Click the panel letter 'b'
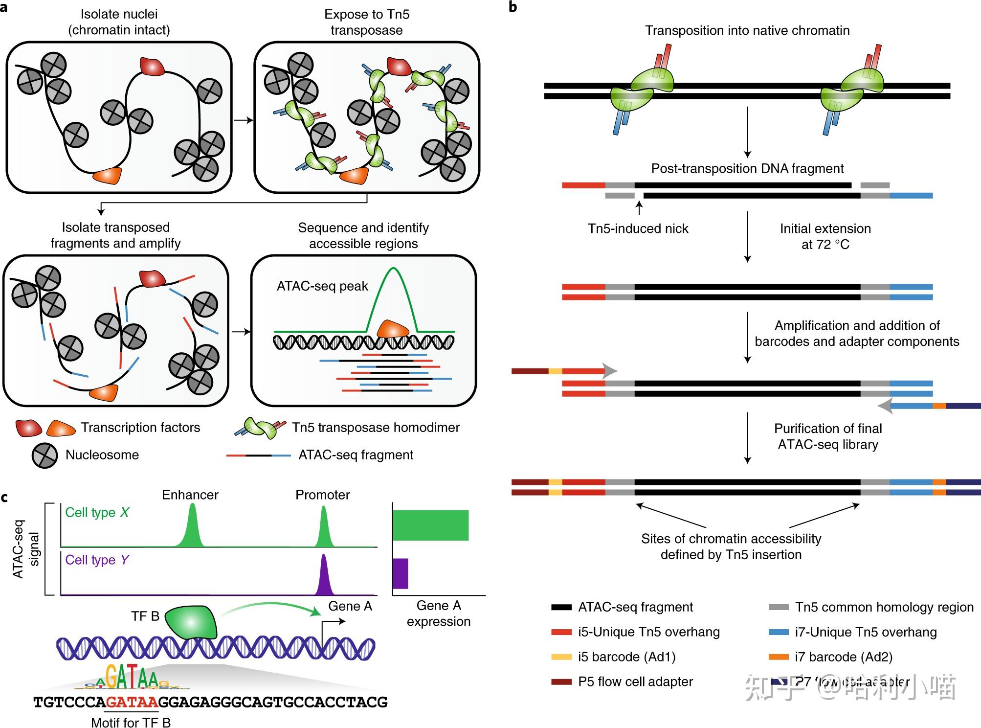point(513,7)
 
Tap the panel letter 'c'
point(4,498)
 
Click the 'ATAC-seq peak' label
point(322,286)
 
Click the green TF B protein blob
point(191,622)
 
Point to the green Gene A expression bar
point(430,525)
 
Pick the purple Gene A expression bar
point(400,573)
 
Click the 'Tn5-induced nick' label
point(638,228)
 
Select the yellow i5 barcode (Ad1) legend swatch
point(561,657)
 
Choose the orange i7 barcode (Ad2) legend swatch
point(779,657)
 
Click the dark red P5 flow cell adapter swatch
point(561,682)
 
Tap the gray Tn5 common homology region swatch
point(779,607)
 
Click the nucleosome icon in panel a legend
point(45,455)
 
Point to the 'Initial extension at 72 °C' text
point(825,236)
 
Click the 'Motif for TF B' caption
point(131,722)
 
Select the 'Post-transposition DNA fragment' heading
point(747,168)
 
